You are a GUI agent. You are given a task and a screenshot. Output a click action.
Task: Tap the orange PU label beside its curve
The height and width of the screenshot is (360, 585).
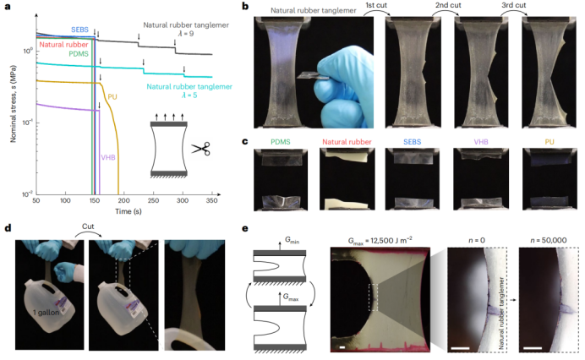pos(112,96)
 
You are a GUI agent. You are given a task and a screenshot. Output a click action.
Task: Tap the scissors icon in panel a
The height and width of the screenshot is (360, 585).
pos(200,149)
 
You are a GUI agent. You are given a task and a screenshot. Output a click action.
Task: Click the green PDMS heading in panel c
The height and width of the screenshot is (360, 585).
pos(281,141)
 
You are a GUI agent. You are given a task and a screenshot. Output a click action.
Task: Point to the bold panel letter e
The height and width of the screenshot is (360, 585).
pos(244,227)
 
